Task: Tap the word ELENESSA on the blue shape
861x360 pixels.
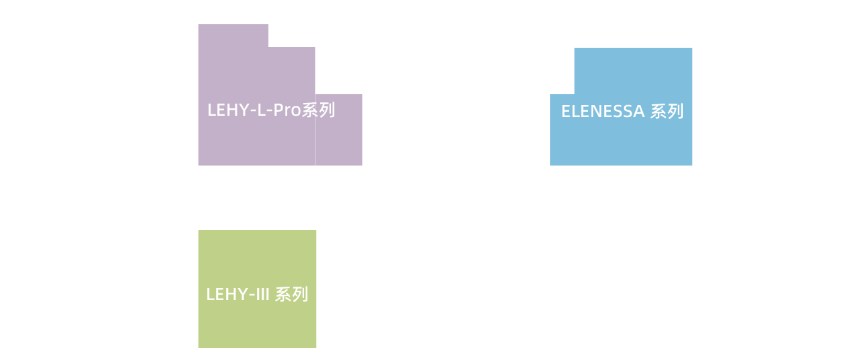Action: pos(603,112)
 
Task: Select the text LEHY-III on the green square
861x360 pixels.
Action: pos(237,295)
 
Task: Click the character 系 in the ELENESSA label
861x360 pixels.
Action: pos(658,112)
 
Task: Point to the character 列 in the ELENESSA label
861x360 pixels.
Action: pos(675,112)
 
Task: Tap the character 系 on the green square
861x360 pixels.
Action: pos(283,295)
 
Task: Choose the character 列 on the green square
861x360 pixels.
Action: pos(300,295)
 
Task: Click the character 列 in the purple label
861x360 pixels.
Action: pos(327,110)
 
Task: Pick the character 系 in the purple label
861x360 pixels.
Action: pos(310,110)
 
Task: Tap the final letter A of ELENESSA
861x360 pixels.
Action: pos(638,112)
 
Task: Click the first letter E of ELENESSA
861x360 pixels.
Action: pos(566,112)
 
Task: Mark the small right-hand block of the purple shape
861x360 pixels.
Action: pos(338,130)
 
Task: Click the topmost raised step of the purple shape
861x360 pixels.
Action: pos(233,36)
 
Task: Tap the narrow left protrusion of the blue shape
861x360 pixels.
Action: pos(562,130)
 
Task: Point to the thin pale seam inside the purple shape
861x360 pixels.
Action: pos(315,130)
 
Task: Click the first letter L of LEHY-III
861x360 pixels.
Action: pos(211,295)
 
